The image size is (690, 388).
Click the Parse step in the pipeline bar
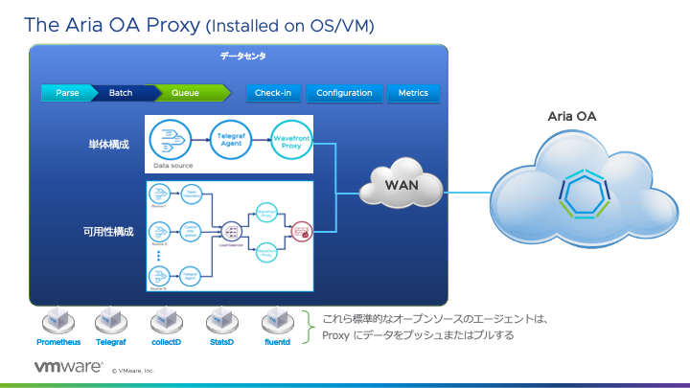[66, 93]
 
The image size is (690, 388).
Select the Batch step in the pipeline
[121, 93]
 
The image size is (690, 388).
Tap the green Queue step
[185, 93]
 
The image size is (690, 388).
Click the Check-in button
[274, 93]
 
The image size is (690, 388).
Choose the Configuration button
[344, 93]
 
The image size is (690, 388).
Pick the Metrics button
[413, 93]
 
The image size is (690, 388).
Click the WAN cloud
[402, 184]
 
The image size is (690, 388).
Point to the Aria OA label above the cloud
[572, 116]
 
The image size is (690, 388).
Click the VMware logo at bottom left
[68, 366]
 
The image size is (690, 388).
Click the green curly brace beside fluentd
[307, 326]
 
